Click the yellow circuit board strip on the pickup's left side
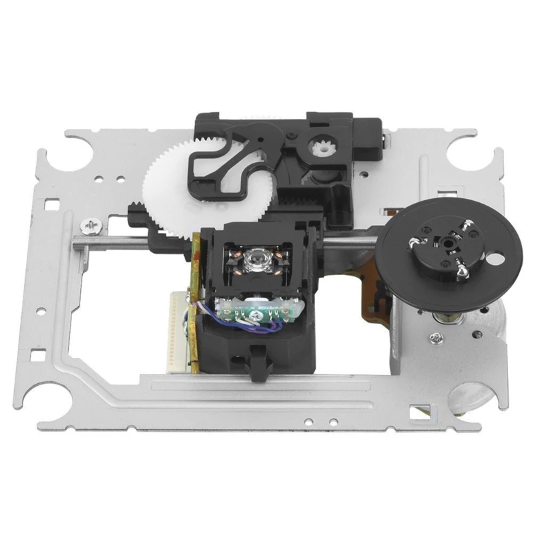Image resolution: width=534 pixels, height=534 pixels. pos(194,300)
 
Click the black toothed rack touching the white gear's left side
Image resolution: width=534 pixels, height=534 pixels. pos(136,214)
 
